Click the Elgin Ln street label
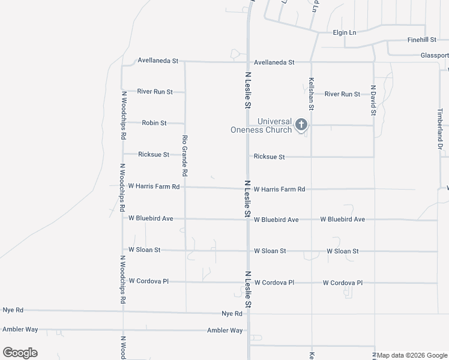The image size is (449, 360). coord(344,32)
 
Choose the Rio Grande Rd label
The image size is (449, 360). coord(185,154)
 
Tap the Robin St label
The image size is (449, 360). coord(154,123)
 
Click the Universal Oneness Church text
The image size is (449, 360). coord(262,125)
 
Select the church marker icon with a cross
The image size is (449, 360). coord(301,124)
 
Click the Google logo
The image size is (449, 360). coord(20,352)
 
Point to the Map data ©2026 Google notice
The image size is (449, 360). coord(412,355)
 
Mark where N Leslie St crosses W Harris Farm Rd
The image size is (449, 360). coord(249,188)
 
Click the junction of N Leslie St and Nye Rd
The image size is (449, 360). coord(249,313)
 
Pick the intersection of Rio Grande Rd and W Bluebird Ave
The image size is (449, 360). coord(185,219)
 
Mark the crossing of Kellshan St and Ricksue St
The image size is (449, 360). coord(312,157)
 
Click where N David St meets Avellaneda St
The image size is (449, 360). coord(373,62)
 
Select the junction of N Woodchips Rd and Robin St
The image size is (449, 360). coord(122,123)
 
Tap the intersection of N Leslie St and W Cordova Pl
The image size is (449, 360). coord(249,282)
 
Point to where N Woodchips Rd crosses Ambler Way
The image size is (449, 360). coord(122,330)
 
